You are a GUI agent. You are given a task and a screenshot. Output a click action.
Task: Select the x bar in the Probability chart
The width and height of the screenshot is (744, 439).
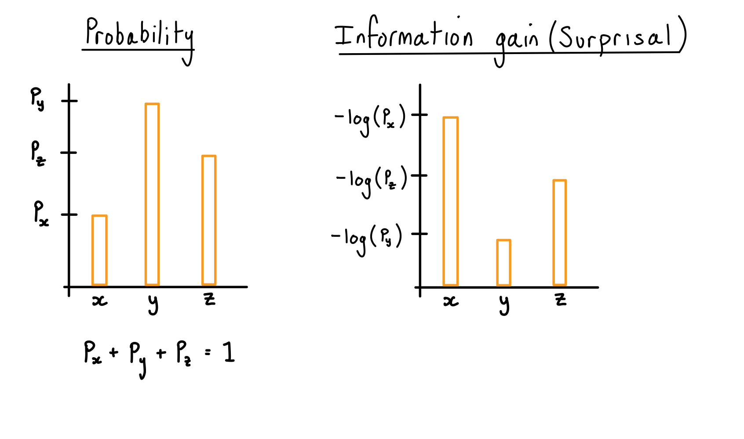99,250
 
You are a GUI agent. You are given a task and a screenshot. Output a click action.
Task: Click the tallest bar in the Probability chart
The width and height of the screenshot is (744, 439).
152,194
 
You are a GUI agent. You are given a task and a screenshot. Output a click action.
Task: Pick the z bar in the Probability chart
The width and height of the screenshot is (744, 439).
209,220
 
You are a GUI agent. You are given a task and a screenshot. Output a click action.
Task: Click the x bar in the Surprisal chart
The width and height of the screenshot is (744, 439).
451,201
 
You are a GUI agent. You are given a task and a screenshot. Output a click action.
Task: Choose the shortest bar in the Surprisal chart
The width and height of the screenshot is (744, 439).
504,262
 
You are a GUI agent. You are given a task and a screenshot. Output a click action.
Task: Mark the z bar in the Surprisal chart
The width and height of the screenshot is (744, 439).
560,232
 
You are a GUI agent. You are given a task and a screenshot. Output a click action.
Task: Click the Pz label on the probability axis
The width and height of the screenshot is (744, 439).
38,153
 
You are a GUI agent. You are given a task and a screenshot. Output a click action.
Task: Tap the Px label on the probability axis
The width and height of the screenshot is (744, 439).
41,214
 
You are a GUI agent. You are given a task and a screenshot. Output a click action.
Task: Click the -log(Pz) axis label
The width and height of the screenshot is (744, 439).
372,181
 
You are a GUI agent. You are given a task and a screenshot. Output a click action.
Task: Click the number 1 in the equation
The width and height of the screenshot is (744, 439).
229,352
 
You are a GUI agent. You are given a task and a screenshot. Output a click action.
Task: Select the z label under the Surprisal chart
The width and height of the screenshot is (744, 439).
561,300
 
